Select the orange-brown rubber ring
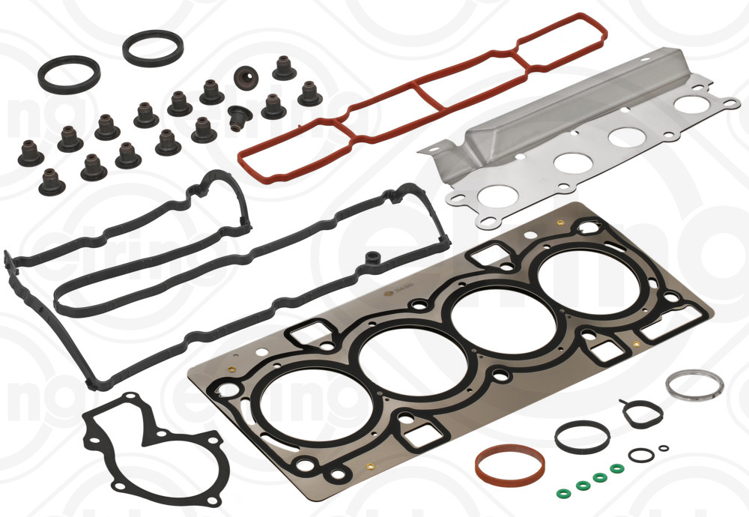point(509,465)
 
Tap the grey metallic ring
point(694,384)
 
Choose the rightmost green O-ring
point(616,468)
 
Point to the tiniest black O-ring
point(663,448)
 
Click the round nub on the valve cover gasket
point(370,259)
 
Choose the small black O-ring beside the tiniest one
point(639,455)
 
